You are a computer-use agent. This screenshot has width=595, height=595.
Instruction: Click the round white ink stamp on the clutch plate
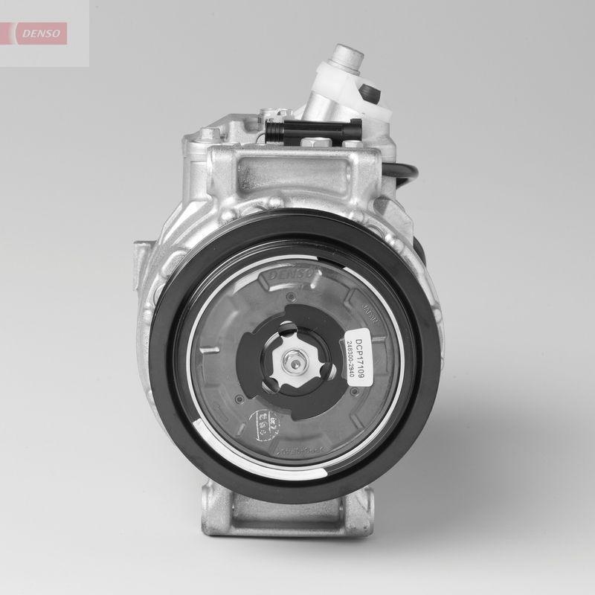click(x=263, y=424)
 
